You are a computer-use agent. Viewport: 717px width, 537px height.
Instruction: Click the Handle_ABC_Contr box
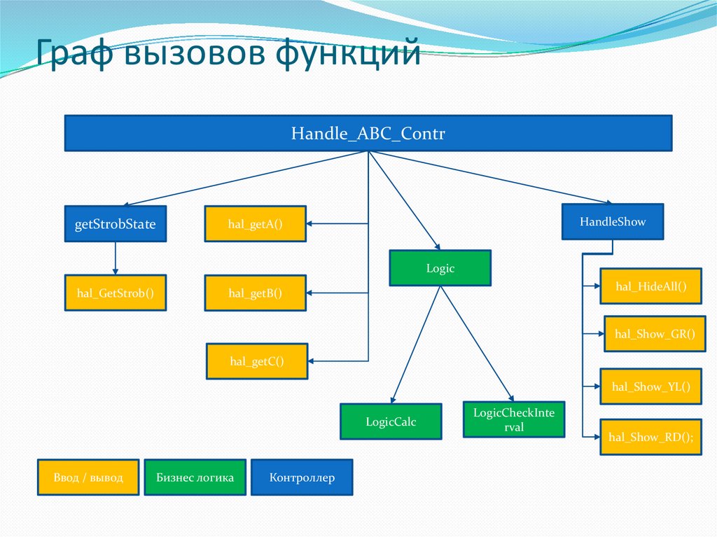coord(368,134)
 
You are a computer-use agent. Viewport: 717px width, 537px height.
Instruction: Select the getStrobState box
coord(115,224)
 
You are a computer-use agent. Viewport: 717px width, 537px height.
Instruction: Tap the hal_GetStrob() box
coord(115,293)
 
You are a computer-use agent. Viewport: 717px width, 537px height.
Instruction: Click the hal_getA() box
coord(255,224)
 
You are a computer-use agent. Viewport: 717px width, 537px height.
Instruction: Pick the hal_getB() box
coord(255,293)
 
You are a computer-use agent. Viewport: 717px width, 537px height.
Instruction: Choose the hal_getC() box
coord(256,361)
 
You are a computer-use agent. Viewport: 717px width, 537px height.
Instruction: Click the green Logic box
coord(440,269)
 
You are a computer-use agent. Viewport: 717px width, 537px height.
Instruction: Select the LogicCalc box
coord(391,421)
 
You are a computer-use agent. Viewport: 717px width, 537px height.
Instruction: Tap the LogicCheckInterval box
coord(513,419)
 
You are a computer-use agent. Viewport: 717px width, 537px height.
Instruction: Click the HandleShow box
coord(613,222)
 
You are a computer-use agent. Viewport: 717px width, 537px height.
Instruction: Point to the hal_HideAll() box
coord(650,286)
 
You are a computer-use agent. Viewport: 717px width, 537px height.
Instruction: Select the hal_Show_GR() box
coord(653,334)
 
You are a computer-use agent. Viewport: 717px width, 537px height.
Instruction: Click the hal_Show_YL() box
coord(650,386)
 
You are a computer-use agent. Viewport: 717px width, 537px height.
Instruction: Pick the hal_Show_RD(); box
coord(650,437)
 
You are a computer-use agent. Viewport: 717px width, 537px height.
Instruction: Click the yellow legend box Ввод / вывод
coord(88,477)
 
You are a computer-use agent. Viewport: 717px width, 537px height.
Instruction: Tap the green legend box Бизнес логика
coord(195,477)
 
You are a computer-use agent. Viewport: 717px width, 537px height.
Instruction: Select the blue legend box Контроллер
coord(302,477)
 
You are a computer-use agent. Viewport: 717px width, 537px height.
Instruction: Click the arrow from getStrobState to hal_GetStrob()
coord(115,258)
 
